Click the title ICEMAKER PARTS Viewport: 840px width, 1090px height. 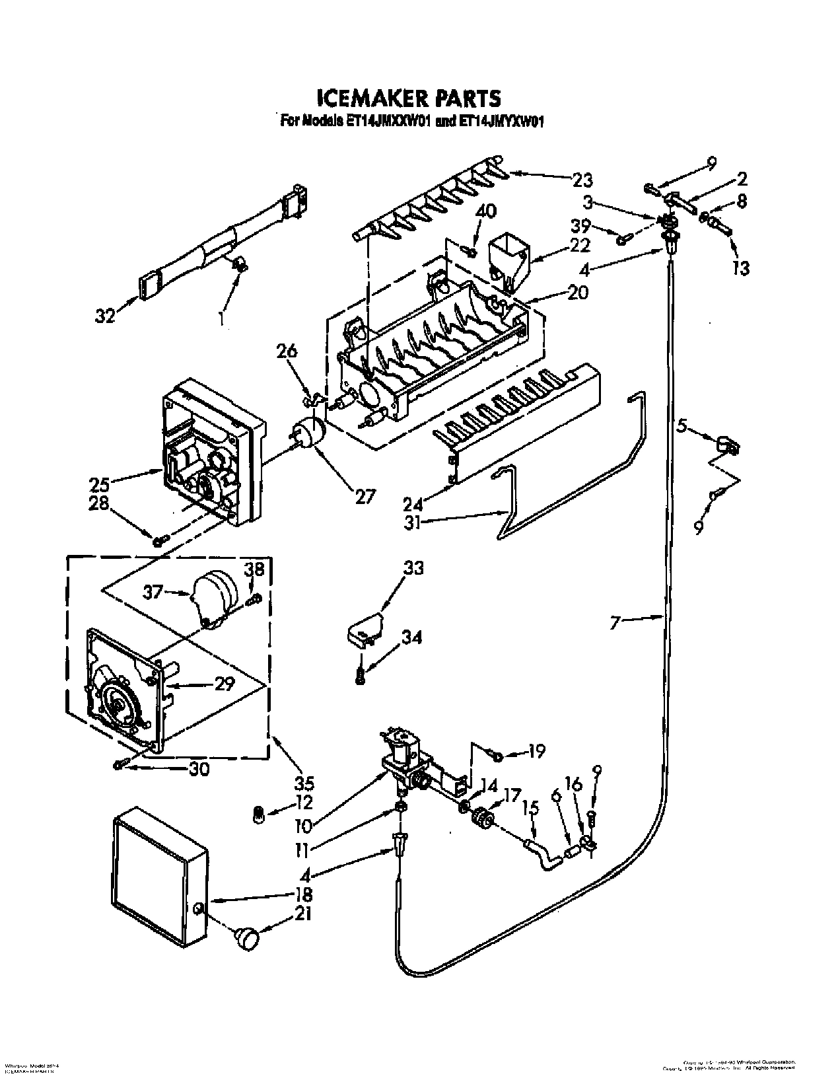click(x=409, y=98)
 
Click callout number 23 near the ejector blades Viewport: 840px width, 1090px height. click(x=582, y=179)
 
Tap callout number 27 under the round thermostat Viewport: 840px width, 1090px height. click(x=365, y=495)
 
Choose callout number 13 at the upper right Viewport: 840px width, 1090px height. click(x=741, y=268)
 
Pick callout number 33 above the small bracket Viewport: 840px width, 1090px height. click(x=413, y=568)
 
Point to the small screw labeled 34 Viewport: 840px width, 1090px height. click(x=361, y=676)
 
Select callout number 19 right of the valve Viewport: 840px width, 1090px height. click(x=536, y=751)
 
